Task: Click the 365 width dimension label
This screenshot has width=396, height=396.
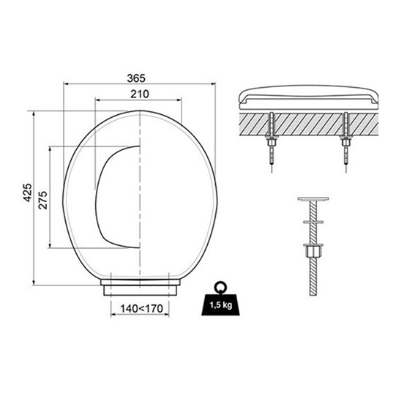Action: coord(136,78)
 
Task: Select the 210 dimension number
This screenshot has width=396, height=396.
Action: coord(140,94)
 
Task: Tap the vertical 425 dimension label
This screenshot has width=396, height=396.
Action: coord(28,193)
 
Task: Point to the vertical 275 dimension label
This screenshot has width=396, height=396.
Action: coord(43,200)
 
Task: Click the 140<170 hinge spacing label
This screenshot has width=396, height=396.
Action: coord(141,309)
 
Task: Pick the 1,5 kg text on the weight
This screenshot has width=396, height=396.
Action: coord(221,305)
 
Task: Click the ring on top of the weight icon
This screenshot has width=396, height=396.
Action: coord(221,287)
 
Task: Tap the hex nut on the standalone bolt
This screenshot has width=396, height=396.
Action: coord(313,251)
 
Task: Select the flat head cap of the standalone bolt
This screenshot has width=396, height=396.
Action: coord(313,199)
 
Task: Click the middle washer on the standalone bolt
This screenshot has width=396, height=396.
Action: coord(313,222)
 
